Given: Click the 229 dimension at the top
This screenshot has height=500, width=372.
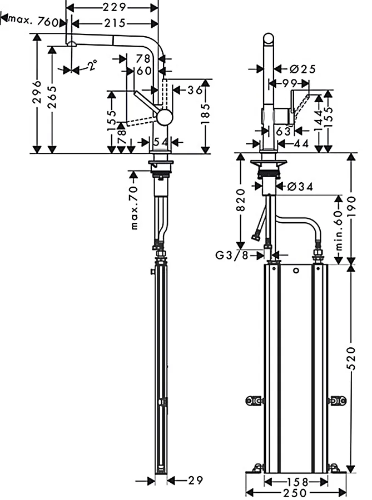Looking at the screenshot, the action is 114,7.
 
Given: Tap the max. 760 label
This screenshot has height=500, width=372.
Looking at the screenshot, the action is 33,21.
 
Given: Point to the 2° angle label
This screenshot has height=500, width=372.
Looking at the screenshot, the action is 92,65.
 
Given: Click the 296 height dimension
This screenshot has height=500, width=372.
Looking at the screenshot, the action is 37,92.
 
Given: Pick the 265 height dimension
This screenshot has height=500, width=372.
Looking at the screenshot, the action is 52,97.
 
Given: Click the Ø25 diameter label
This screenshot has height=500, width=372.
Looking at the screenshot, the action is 303,69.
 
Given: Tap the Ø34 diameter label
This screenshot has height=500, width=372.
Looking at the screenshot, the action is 300,186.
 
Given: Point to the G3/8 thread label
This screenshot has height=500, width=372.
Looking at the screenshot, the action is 232,255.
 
